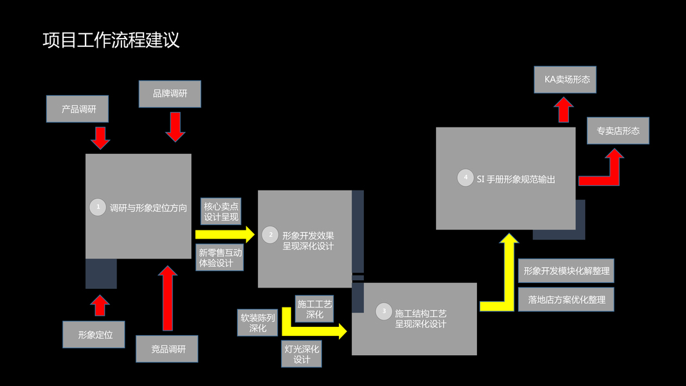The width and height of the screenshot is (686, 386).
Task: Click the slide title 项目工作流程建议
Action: pos(111,41)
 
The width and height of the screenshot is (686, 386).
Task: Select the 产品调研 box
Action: pos(77,109)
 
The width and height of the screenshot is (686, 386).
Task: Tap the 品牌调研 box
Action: pos(170,94)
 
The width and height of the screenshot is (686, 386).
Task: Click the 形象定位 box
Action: pos(94,335)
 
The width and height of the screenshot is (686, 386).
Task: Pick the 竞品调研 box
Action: pos(167,349)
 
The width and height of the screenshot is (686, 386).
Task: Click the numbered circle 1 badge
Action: pos(98,207)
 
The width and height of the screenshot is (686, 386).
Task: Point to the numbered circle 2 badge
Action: pos(270,235)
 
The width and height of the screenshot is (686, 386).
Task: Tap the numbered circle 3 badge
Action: pos(384,311)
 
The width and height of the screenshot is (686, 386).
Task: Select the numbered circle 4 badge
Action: pos(465,178)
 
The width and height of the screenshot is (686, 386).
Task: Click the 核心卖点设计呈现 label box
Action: pos(221,212)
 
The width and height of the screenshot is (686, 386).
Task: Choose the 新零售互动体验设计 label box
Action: pos(220,258)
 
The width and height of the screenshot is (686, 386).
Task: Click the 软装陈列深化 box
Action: pos(257,322)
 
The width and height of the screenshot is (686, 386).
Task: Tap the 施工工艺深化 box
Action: pos(314,309)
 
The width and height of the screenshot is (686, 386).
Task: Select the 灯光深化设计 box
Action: pos(302,354)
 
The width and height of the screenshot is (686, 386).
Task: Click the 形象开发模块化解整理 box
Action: pos(566,271)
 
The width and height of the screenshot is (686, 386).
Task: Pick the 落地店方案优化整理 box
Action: pos(566,299)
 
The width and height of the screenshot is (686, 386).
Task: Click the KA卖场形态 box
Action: pos(565,80)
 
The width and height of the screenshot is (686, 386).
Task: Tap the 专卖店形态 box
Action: pos(618,131)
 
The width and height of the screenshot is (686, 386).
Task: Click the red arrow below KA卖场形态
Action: pos(564,109)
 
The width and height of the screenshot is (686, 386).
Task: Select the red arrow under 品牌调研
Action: pos(175,126)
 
